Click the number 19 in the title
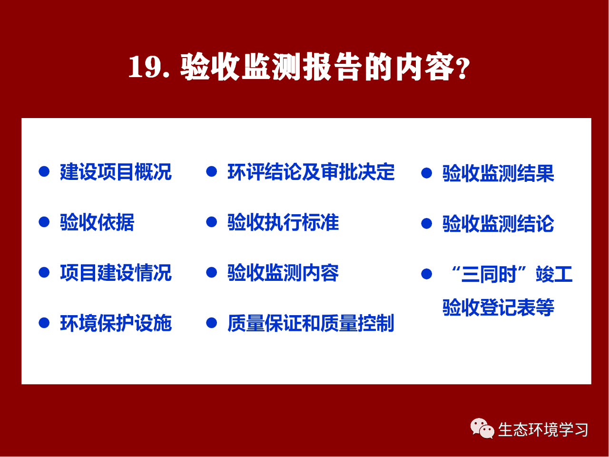144,67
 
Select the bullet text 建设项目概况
116,172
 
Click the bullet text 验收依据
97,222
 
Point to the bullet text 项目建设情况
116,273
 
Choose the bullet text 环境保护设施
116,323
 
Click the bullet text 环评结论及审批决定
311,172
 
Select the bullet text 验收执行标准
283,222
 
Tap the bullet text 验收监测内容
283,273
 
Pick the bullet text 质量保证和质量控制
311,323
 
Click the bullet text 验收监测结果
498,173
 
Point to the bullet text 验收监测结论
498,224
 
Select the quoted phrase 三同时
489,274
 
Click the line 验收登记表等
498,308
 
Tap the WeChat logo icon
482,429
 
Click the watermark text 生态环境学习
543,430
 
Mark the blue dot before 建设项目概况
44,171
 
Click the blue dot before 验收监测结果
426,173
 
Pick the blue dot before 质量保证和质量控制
211,323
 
